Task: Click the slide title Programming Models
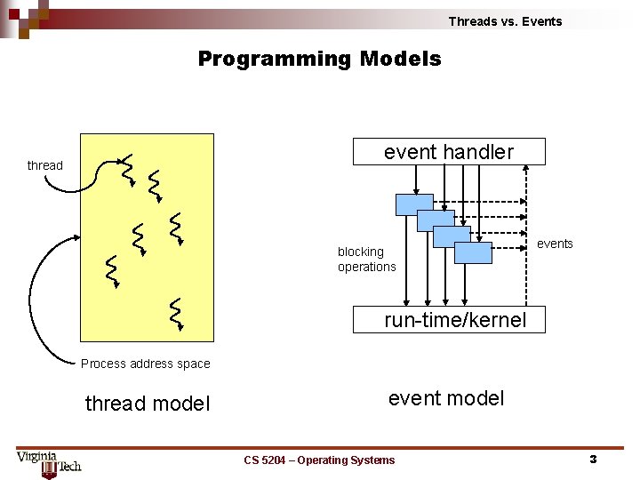319,60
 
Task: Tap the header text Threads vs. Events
505,21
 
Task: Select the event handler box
449,152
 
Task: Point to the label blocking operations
366,260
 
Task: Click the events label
556,244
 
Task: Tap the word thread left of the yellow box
44,165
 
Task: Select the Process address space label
145,364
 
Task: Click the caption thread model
148,404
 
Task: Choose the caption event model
446,398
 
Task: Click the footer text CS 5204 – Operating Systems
319,460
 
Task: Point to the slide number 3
593,460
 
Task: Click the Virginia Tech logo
49,462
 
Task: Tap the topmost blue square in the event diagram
414,204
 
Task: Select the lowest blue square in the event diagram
473,252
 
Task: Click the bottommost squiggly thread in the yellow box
177,314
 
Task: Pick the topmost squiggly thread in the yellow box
127,166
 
